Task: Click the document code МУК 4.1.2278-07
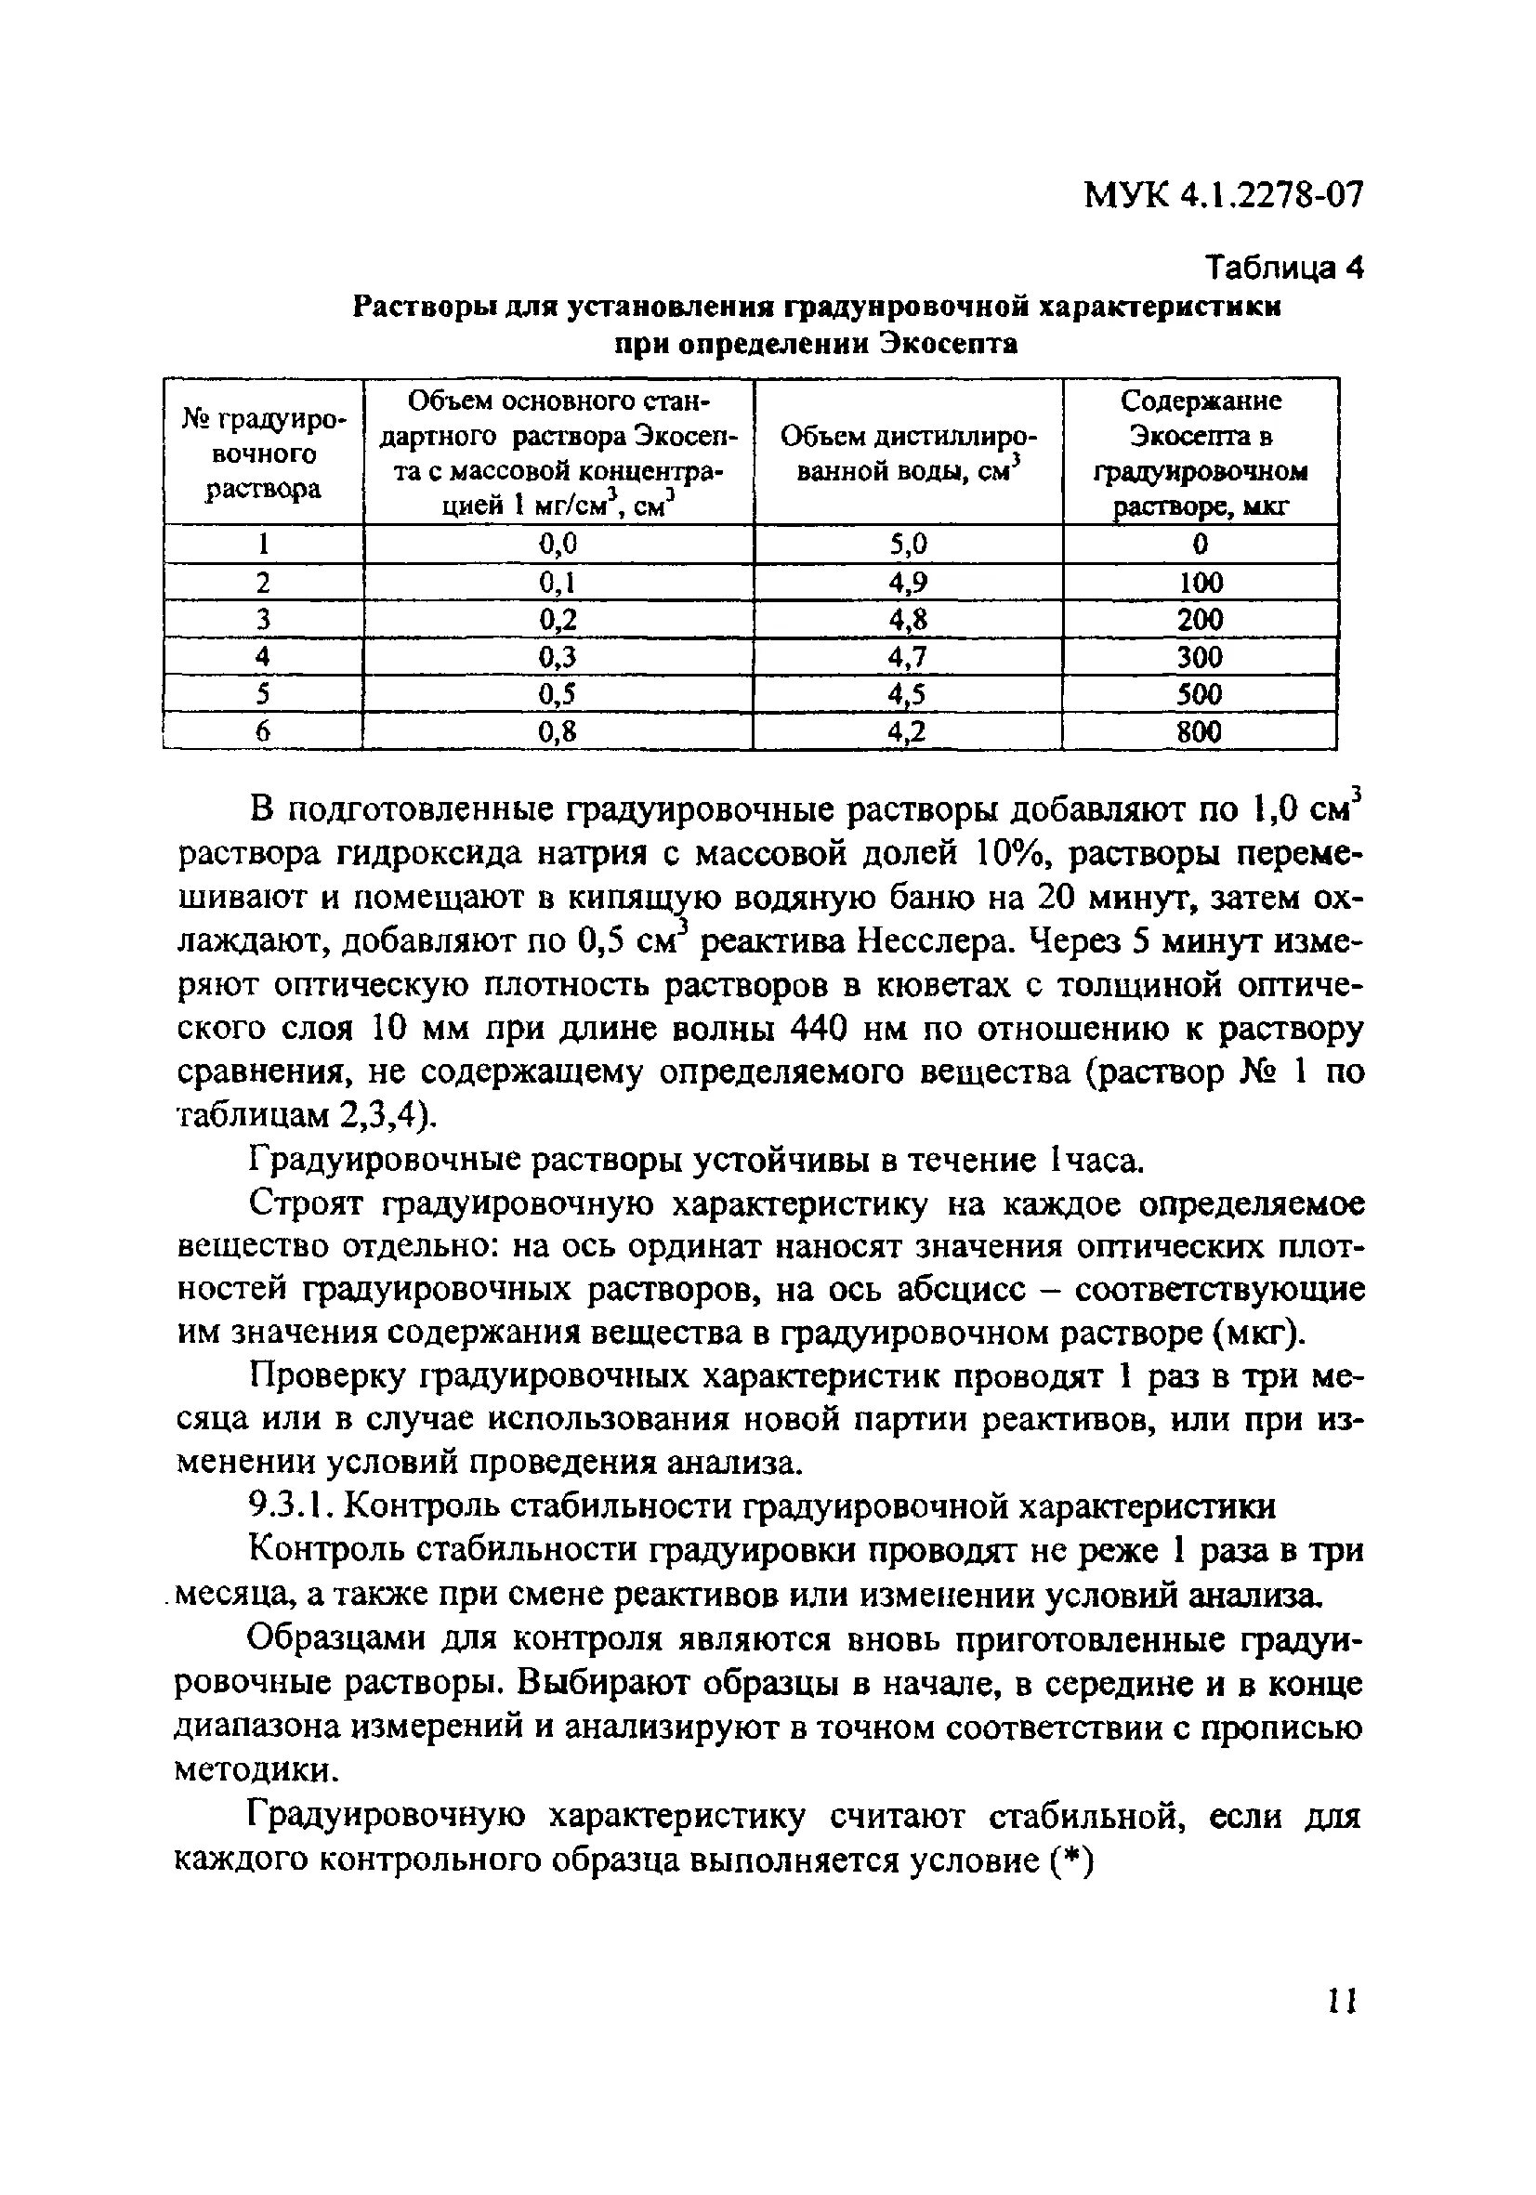pos(1223,196)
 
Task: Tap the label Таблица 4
pos(1283,269)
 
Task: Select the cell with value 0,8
pos(558,732)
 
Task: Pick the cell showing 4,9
pos(908,583)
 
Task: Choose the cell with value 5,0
pos(908,545)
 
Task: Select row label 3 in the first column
pos(263,621)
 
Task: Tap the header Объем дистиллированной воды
pos(908,453)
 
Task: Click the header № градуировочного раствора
pos(264,453)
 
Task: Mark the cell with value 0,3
pos(558,658)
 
